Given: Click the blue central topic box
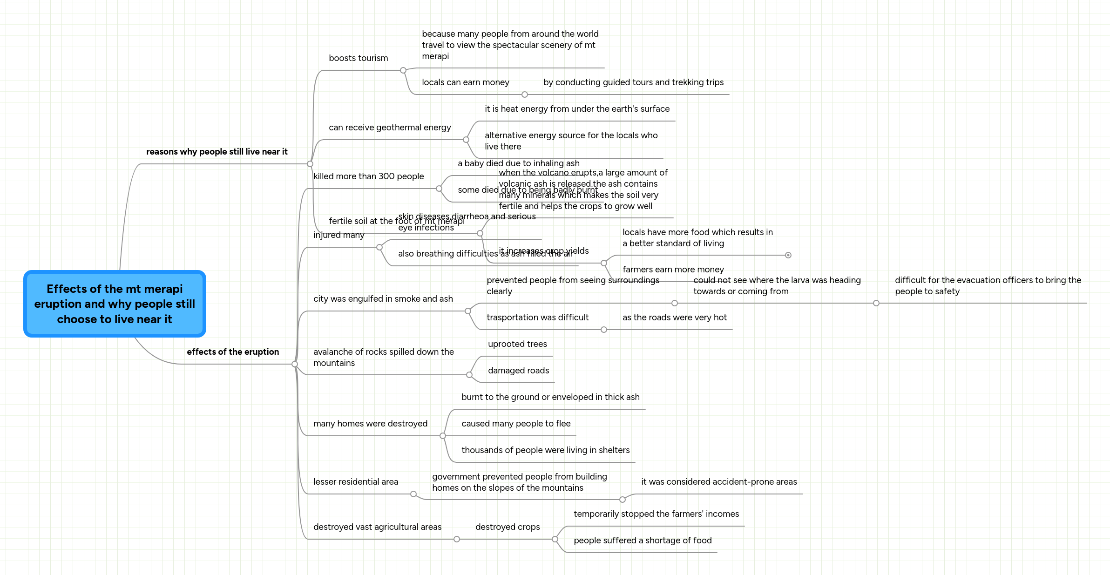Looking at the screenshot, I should [115, 304].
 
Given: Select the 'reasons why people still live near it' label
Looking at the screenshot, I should [217, 152].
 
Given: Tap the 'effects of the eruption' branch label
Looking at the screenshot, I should [233, 352].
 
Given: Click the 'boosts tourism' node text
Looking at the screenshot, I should [358, 58].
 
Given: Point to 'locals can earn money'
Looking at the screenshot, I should [465, 82].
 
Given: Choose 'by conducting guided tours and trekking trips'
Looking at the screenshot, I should [633, 82].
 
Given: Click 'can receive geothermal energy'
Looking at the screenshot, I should [390, 128].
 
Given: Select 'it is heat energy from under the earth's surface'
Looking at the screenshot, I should [577, 109].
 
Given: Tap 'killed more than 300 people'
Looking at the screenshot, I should [368, 176].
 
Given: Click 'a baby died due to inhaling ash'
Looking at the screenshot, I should [518, 163].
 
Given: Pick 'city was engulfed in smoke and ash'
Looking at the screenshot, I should [383, 299].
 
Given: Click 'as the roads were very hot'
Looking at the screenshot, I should [674, 318].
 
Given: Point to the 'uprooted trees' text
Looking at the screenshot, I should [517, 344].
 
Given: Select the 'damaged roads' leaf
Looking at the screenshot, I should [518, 371].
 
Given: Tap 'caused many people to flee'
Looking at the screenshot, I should [516, 424].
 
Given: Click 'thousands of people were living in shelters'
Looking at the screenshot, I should [545, 450].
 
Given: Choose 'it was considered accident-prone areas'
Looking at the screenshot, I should [719, 482].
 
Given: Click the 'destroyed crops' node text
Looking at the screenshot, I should [508, 527].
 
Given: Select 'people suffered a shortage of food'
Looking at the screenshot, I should [643, 541].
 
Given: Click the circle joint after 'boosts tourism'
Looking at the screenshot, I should [403, 70].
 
